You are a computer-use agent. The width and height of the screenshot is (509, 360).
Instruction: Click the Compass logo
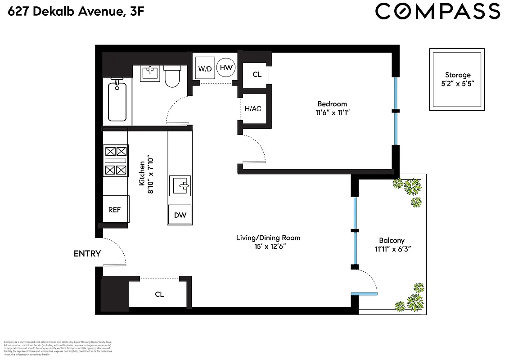(x=437, y=11)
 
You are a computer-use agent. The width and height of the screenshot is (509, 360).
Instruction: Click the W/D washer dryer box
(x=205, y=69)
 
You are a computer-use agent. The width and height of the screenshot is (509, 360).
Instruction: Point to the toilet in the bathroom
(x=171, y=76)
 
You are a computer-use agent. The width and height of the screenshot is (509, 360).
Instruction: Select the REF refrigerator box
(x=115, y=209)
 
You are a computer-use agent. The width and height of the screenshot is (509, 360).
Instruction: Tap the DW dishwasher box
(x=180, y=215)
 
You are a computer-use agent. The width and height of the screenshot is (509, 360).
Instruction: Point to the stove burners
(x=116, y=160)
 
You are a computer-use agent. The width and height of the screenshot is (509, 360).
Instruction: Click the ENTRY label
(x=87, y=254)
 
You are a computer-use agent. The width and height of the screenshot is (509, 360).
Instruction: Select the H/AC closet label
(x=253, y=108)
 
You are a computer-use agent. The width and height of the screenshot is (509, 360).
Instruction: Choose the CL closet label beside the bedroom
(x=257, y=74)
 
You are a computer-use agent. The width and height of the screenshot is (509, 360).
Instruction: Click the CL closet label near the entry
(x=159, y=294)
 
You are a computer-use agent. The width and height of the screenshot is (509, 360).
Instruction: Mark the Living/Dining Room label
(x=268, y=238)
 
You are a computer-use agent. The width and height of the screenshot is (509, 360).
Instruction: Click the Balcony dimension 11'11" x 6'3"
(x=392, y=248)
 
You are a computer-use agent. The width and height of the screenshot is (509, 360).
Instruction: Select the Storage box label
(x=458, y=75)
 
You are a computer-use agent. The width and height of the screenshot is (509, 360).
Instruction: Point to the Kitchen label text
(x=142, y=174)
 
